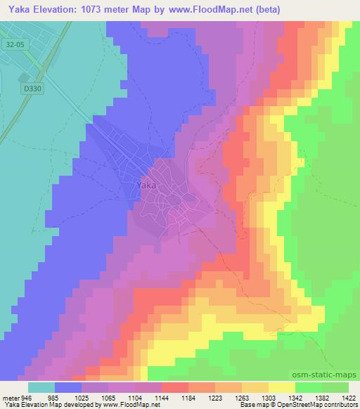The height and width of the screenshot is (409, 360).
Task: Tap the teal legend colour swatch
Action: (41, 387)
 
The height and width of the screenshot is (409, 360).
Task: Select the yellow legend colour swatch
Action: (281, 387)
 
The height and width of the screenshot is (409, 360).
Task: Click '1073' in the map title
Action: (111, 10)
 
